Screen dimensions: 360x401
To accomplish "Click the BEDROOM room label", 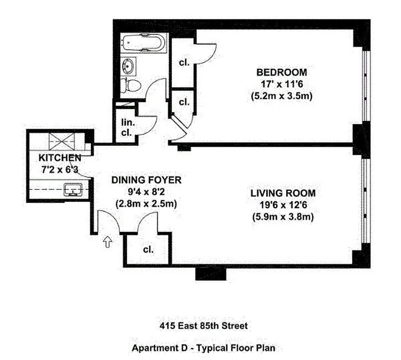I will pos(282,72).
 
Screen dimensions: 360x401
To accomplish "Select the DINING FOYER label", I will pos(146,180).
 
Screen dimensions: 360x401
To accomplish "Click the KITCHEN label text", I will pos(59,158).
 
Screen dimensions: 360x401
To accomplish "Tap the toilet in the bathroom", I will pos(132,84).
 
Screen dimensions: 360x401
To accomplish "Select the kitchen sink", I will pos(72,190).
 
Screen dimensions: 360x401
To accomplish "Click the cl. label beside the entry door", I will pos(148,249).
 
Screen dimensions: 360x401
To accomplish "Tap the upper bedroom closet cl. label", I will pos(184,63).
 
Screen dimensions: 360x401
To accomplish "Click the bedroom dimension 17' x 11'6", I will pos(282,84).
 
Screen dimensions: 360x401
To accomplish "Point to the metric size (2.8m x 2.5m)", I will pos(146,204).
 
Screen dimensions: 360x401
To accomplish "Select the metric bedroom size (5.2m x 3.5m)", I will pos(282,96).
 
